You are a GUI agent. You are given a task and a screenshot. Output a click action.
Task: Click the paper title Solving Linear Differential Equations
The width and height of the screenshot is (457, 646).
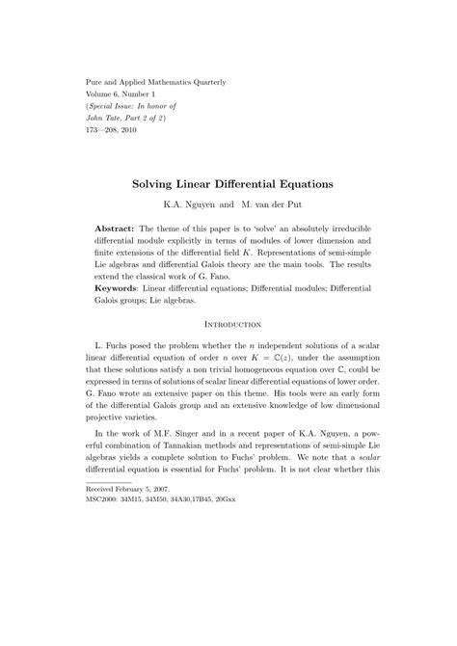click(228, 181)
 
